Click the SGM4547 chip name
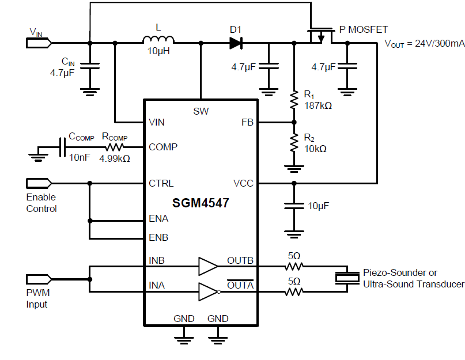200,203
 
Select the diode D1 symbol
235,43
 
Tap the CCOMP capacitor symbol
62,147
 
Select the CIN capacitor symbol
89,66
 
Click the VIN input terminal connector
39,43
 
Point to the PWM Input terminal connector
39,279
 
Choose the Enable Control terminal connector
39,183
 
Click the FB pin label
247,123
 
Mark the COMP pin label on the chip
163,147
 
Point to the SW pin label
201,111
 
